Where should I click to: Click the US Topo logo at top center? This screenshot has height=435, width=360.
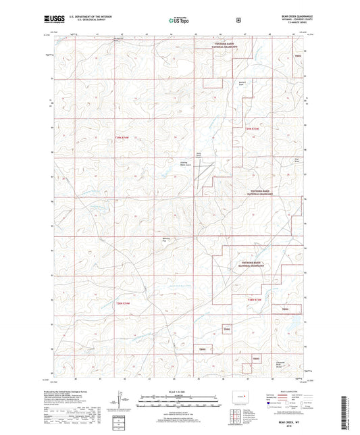tap(178, 21)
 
